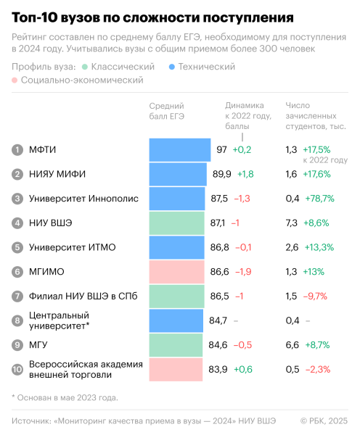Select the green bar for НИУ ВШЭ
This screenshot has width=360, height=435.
(x=177, y=223)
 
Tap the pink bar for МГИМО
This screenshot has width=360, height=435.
(x=176, y=272)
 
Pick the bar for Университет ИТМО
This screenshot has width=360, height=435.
(x=177, y=247)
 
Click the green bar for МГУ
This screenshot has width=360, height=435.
(x=176, y=345)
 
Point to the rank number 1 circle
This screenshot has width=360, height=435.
(x=17, y=149)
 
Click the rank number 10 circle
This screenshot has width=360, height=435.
(x=17, y=370)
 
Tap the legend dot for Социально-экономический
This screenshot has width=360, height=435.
(x=16, y=80)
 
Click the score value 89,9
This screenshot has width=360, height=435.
(x=221, y=174)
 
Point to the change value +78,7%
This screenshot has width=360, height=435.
(x=319, y=199)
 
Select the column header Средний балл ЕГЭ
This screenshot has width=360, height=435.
(x=166, y=110)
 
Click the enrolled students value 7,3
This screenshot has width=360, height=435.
(x=292, y=223)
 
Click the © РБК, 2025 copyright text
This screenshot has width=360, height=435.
(x=324, y=420)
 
